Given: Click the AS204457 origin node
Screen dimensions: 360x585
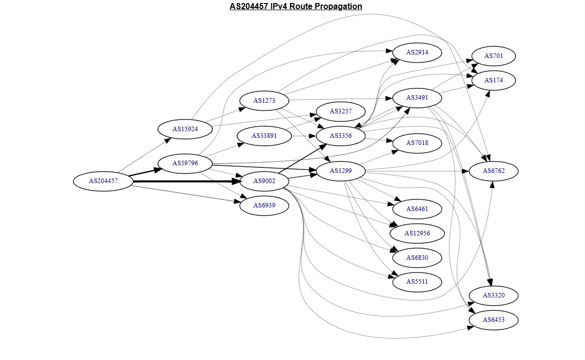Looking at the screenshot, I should pos(103,181).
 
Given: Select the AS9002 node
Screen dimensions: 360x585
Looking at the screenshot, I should pos(264,181).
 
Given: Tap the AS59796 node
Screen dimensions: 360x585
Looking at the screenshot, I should pos(185,163).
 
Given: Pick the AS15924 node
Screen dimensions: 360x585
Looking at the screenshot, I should pos(185,129).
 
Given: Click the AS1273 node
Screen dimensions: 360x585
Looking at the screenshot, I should pos(264,101).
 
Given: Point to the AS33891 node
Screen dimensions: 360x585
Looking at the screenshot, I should pos(264,136).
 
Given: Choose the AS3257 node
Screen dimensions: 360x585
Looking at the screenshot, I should pos(340,111).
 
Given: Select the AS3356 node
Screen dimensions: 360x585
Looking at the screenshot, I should pos(340,136).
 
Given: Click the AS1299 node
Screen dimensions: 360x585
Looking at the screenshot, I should pos(340,171).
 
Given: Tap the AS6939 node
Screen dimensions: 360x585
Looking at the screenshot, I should pos(264,205).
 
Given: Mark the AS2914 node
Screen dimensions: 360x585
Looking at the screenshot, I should pos(417,52).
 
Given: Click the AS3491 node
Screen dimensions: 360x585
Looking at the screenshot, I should pos(417,98).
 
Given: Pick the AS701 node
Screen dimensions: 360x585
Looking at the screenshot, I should pos(493,56).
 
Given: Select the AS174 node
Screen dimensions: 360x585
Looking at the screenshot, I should pos(493,80).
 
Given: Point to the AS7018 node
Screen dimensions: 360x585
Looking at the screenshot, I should pos(417,143).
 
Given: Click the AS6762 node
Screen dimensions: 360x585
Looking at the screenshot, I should pos(493,171).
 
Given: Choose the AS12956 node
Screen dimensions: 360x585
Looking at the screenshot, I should pos(417,233).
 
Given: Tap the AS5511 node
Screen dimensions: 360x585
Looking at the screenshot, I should pos(417,282).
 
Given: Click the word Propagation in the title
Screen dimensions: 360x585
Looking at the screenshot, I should pos(338,7).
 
